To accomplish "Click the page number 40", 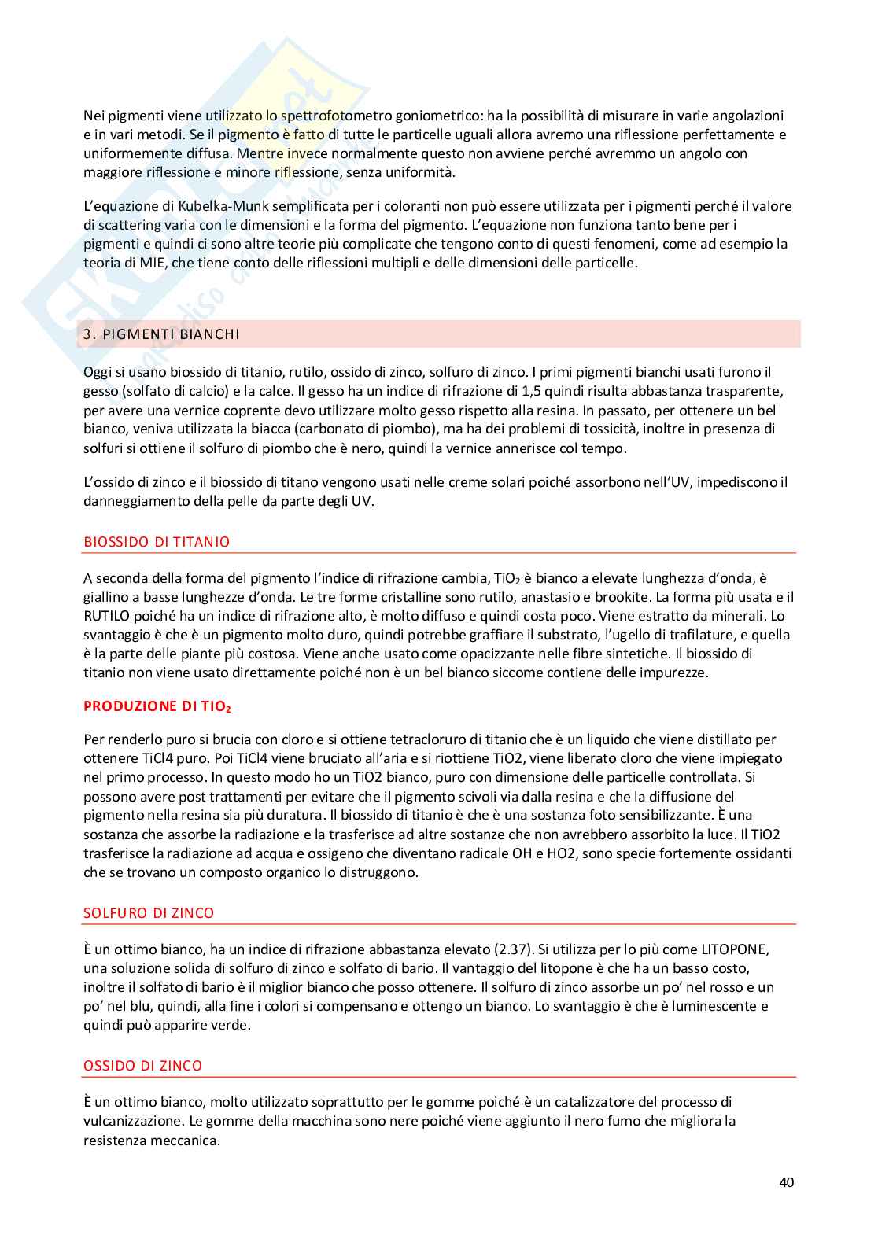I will tap(786, 1182).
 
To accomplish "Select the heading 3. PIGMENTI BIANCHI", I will tap(161, 334).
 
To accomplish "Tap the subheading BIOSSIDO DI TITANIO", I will tap(157, 542).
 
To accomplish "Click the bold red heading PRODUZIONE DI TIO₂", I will tap(157, 706).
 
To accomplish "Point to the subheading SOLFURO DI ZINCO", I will tap(149, 913).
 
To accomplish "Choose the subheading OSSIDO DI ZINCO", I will tap(142, 1066).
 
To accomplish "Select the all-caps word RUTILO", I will tap(108, 616).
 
